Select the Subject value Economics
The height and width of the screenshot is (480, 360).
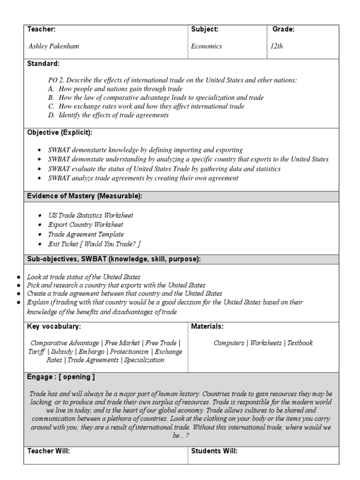point(206,46)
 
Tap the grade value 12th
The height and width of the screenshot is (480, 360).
point(277,46)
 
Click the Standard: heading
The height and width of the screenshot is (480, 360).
point(43,63)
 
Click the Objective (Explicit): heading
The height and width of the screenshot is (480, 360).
point(60,133)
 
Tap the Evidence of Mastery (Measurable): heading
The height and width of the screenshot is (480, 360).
point(85,196)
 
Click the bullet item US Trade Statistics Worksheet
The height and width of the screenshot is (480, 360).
point(90,215)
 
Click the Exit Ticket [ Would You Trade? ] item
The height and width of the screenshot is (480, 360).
point(94,244)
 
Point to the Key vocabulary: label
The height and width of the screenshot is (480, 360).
point(54,326)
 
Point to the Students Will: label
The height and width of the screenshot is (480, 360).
point(214,451)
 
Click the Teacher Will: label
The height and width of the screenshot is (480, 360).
point(49,451)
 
